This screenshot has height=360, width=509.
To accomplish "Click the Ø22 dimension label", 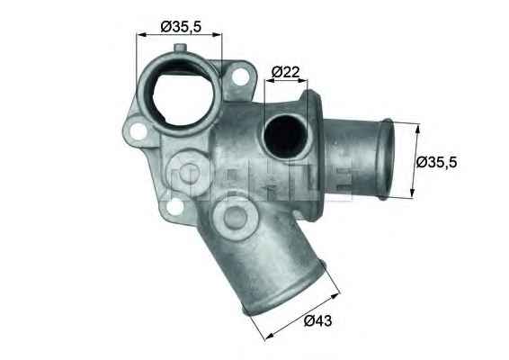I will (285, 70).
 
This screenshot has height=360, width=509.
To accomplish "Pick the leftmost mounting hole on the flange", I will (138, 133).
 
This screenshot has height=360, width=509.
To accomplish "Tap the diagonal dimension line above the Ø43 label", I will (303, 314).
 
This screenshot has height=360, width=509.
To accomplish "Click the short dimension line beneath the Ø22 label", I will (287, 81).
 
